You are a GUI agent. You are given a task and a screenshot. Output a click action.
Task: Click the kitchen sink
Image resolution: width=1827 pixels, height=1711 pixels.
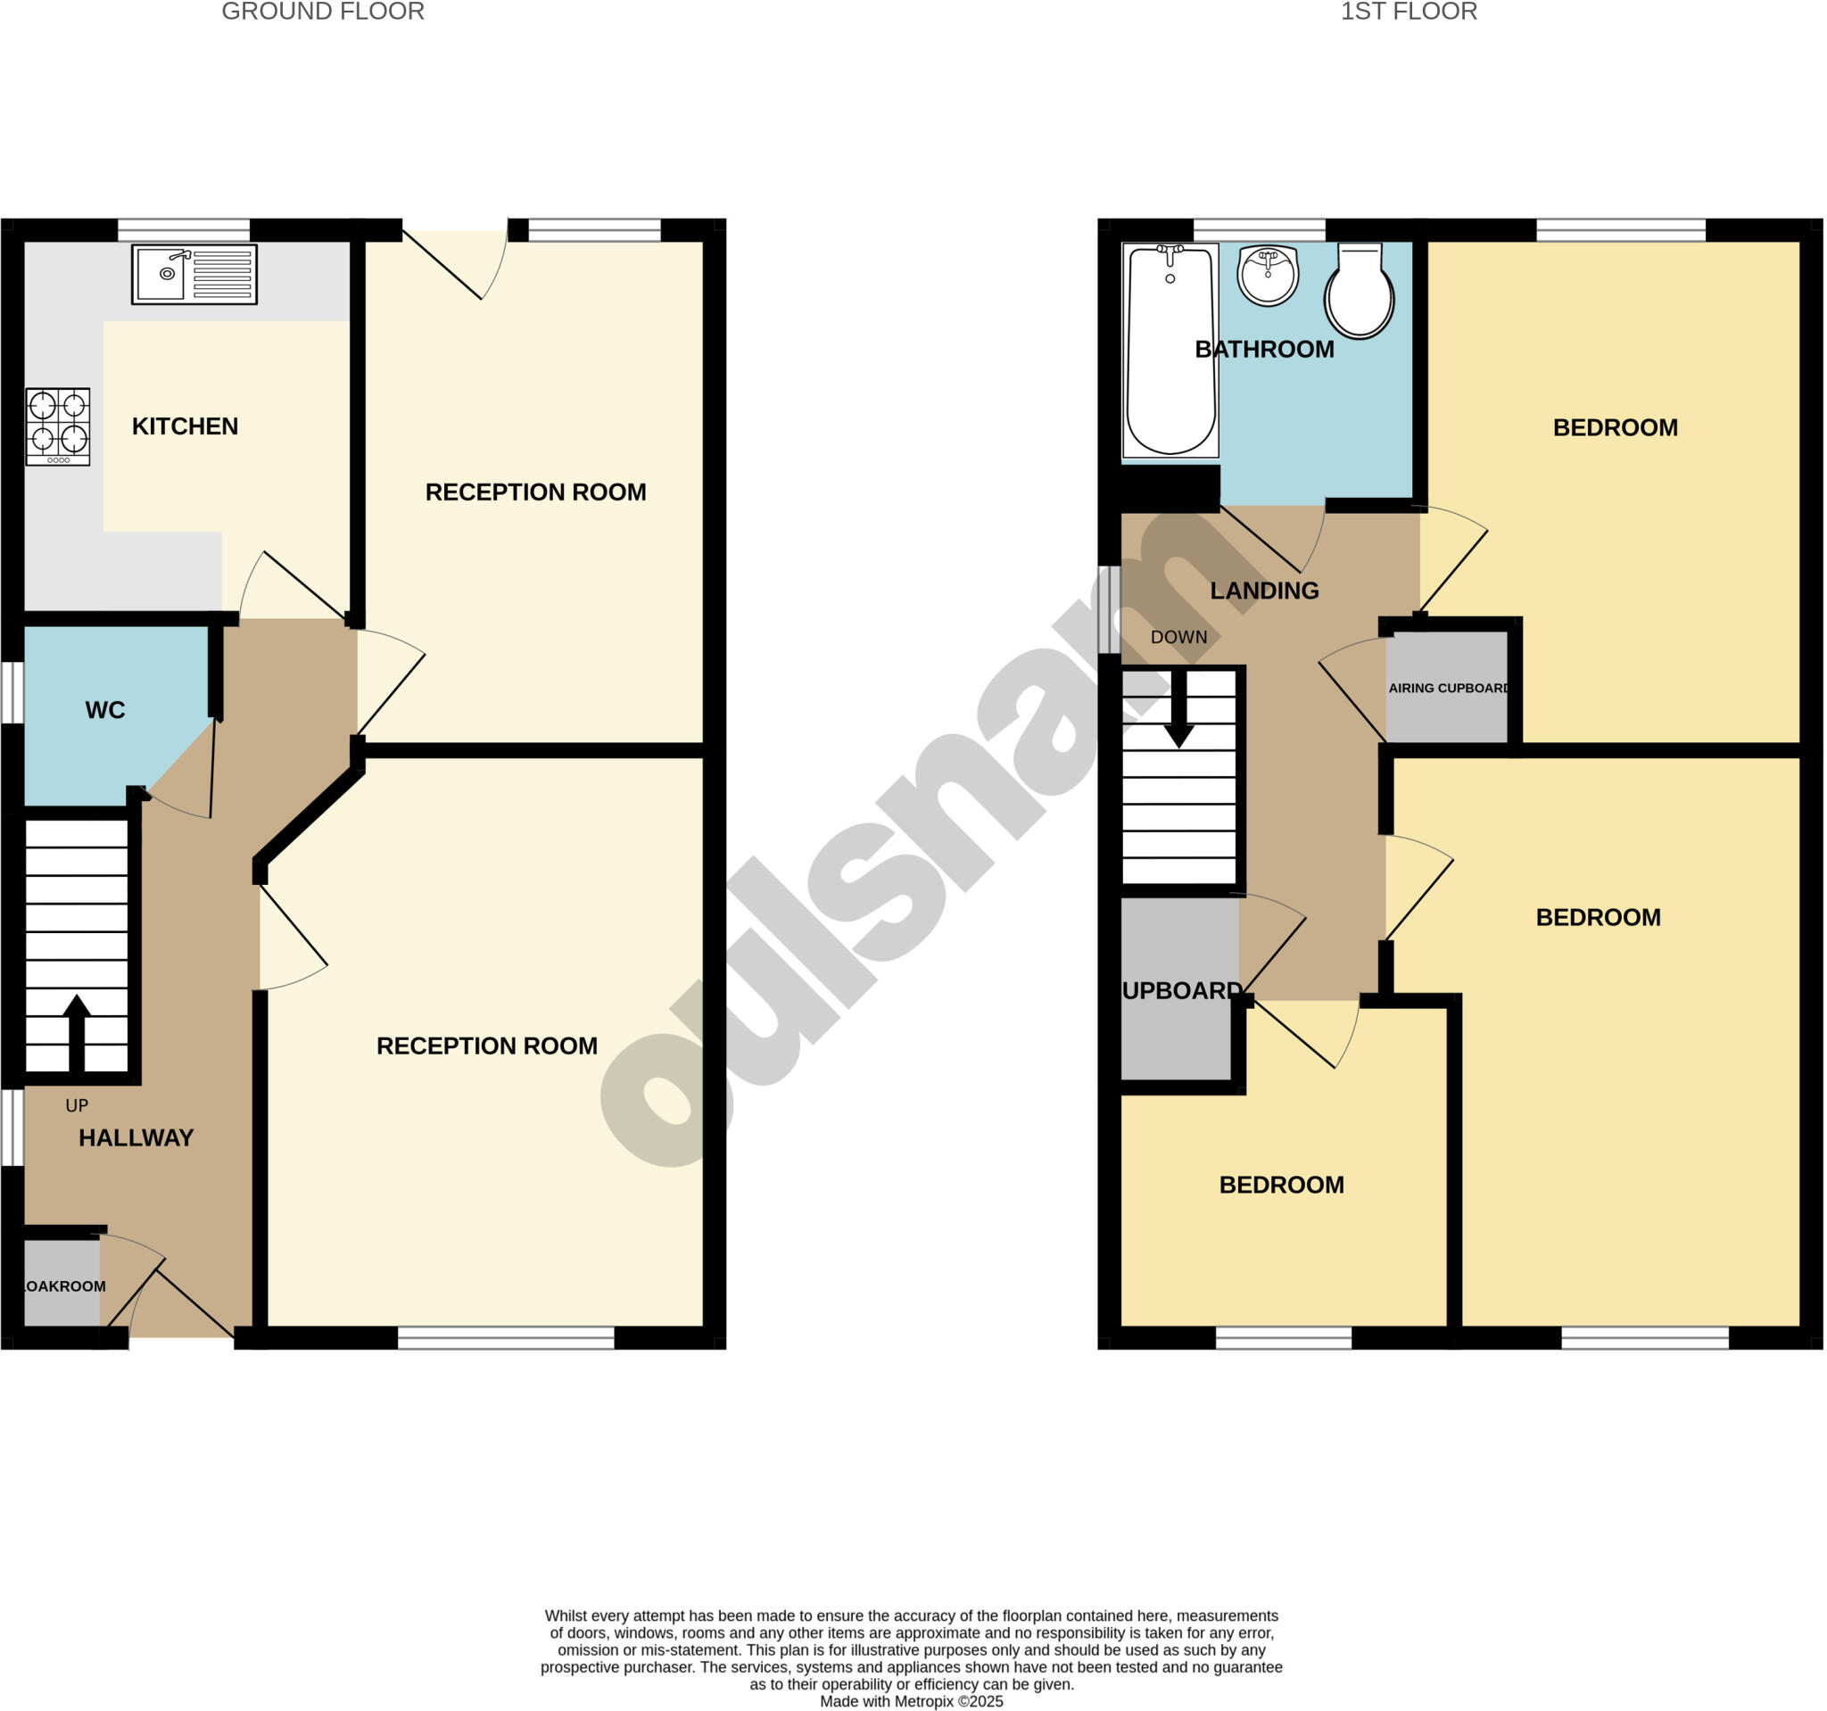coord(194,274)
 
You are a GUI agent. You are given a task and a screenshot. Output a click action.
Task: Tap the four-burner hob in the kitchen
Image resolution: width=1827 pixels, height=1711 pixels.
coord(58,426)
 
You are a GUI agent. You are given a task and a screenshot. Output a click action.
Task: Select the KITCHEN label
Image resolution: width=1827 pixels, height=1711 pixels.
coord(185,426)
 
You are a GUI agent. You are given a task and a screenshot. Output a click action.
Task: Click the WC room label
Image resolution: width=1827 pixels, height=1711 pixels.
coord(104,709)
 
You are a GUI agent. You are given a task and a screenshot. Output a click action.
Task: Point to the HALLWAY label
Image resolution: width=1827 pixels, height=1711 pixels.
coord(136,1137)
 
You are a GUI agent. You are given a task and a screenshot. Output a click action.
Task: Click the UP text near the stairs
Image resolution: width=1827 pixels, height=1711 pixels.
coord(78,1105)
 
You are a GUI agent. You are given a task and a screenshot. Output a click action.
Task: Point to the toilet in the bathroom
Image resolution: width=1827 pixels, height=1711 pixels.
coord(1360,293)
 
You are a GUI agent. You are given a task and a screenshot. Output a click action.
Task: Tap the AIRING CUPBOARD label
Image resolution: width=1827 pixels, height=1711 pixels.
coord(1449,689)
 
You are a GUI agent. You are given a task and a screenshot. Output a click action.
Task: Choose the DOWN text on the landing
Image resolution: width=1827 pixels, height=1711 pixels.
coord(1179,637)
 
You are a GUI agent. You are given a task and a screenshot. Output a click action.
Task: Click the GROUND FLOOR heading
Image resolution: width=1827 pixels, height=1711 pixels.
coord(323,12)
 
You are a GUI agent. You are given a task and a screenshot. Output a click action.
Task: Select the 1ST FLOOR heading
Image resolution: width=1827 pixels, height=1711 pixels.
coord(1408,12)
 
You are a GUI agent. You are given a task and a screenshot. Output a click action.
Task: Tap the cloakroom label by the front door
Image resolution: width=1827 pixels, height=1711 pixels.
coord(63,1286)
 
